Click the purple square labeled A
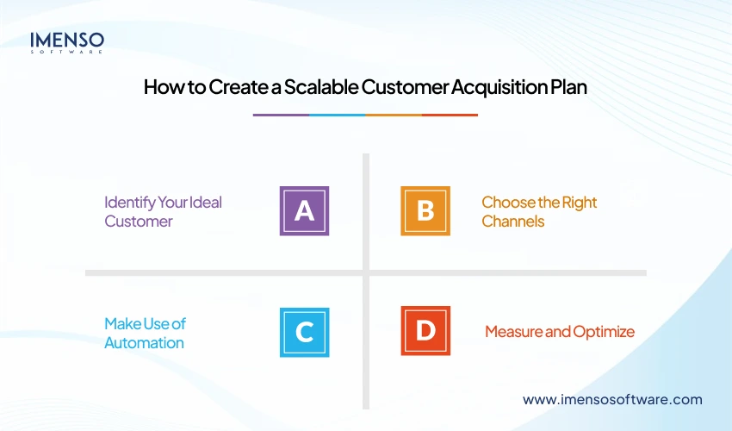[304, 211]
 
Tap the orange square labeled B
[425, 211]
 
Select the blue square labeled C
[304, 331]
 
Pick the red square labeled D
[425, 331]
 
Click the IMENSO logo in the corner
[67, 40]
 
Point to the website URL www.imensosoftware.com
[612, 399]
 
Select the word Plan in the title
[568, 87]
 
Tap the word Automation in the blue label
[144, 343]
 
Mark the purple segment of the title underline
[281, 115]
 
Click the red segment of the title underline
[450, 115]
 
